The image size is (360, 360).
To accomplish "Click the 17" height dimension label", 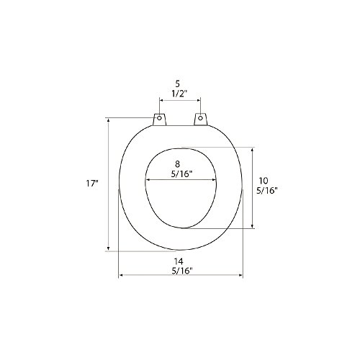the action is [x=92, y=184].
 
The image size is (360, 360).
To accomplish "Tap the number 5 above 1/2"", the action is [x=177, y=84].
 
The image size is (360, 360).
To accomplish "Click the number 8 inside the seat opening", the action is [x=177, y=164].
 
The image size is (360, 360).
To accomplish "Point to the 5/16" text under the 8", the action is [x=182, y=174].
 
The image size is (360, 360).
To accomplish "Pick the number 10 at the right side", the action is [x=264, y=181].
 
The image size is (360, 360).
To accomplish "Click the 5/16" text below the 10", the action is [x=267, y=191].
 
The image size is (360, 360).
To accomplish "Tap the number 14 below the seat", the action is [x=179, y=261].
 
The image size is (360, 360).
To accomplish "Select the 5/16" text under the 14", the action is [x=182, y=271].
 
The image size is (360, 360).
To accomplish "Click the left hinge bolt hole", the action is [x=159, y=118].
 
